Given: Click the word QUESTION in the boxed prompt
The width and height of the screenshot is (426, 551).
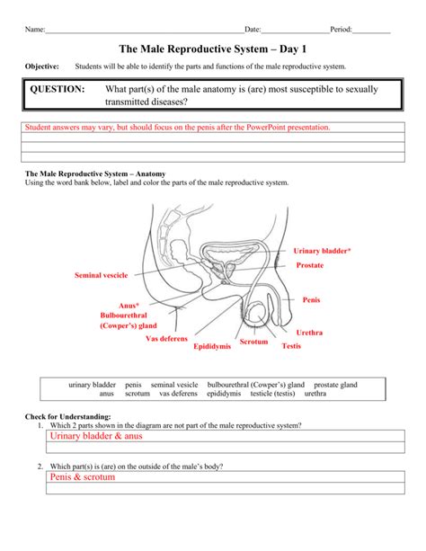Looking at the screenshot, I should tap(58, 90).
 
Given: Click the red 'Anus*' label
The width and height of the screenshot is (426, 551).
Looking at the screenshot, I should tap(129, 306).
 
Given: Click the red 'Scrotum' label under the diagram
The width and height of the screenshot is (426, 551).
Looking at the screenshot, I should tap(254, 342).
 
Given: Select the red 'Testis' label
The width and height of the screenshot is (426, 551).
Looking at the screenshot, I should tap(291, 345).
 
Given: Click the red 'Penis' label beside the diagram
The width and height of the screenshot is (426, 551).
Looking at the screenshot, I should tap(311, 299).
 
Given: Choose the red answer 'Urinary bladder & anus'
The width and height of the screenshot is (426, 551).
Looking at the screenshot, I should tap(96, 436).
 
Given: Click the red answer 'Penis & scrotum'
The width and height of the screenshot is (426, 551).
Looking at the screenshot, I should tap(83, 477).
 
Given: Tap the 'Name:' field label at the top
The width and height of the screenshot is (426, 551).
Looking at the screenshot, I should tap(34, 30).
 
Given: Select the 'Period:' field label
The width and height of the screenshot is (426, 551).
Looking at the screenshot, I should tap(341, 30).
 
